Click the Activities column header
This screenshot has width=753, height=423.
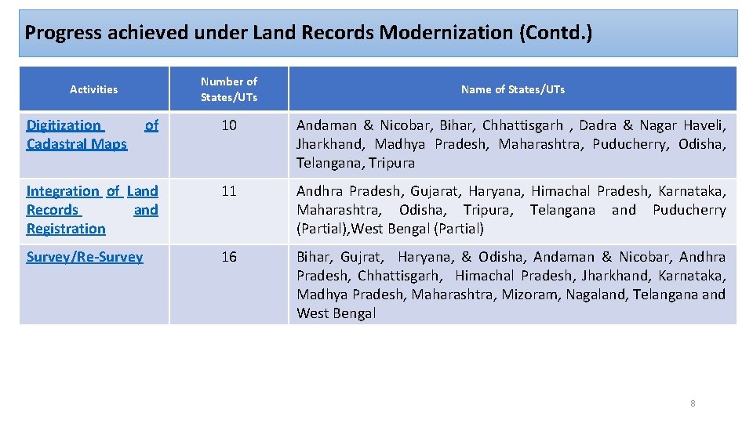coord(93,89)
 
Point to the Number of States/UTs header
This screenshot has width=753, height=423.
coord(228,89)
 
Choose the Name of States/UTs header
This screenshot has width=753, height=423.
coord(512,89)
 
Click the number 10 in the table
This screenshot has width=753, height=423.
coord(228,125)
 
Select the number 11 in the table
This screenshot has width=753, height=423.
coord(228,191)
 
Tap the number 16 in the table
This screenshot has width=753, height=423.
coord(228,257)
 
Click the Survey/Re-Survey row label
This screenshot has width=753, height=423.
coord(85,257)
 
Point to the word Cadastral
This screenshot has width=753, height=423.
coord(55,144)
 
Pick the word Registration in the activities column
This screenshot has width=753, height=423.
coord(66,229)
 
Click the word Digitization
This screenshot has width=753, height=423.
coord(64,125)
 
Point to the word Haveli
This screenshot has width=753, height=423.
coord(704,125)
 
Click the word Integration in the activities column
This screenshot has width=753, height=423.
coord(63,191)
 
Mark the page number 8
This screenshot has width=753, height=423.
coord(693,403)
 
